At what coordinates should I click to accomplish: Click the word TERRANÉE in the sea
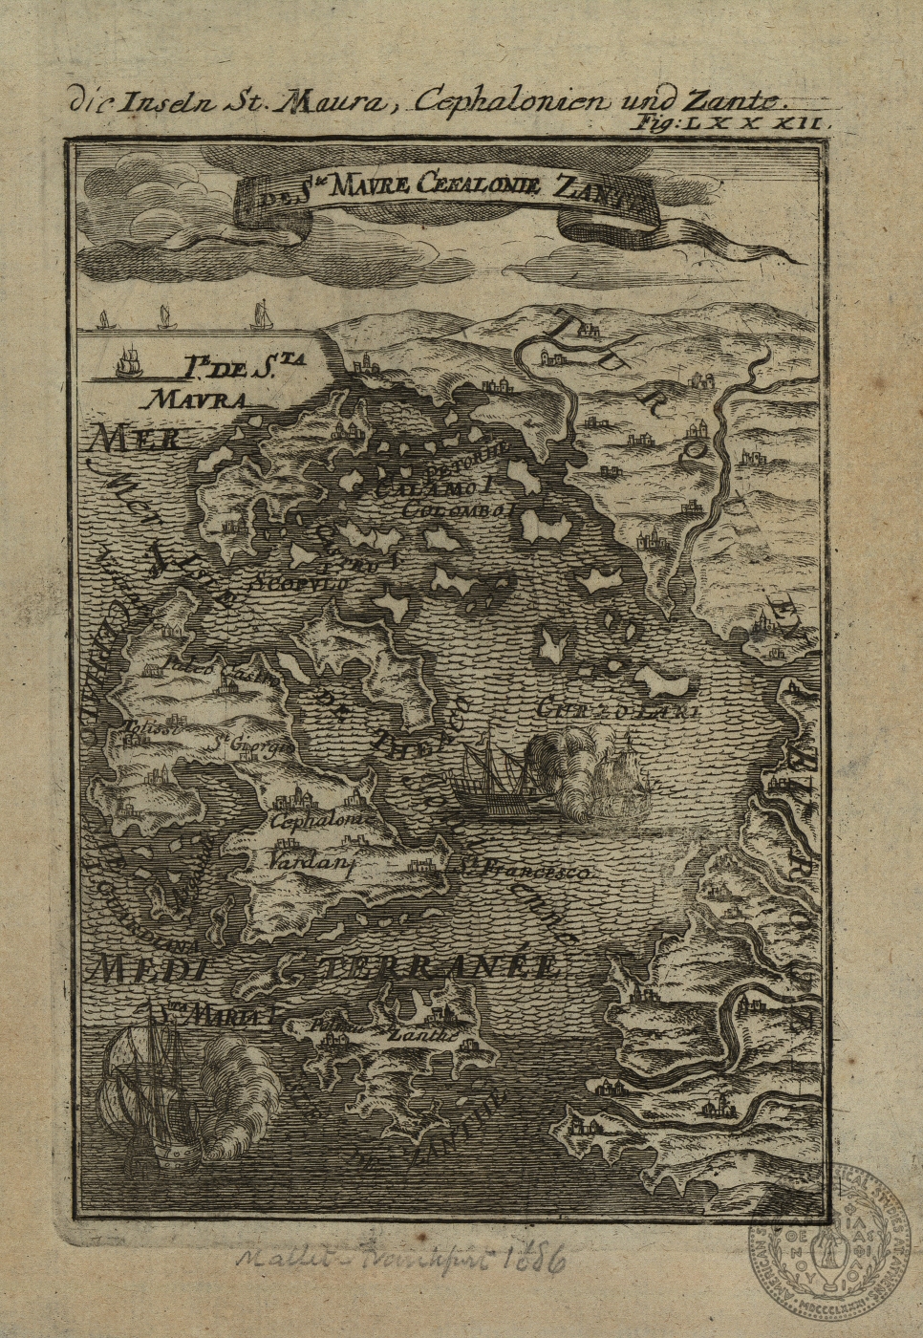coord(440,965)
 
